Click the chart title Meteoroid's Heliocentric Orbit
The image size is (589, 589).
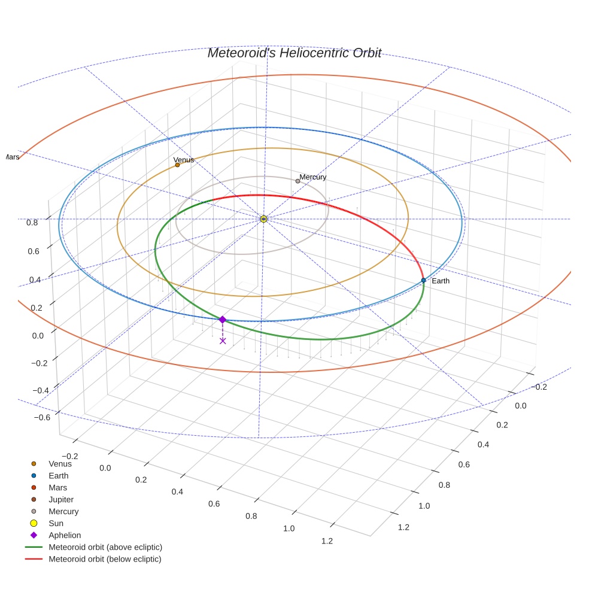point(294,53)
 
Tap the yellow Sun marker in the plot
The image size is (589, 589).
point(263,219)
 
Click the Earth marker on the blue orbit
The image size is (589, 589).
point(423,280)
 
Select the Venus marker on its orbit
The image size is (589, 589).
point(177,165)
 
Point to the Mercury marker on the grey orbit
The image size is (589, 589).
point(297,181)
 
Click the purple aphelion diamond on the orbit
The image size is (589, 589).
point(222,320)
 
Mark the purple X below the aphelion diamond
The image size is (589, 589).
point(223,341)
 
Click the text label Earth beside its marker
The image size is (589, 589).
point(440,281)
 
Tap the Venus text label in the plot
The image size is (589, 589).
point(184,160)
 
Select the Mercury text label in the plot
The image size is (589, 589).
point(313,177)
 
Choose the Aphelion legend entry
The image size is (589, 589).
point(65,535)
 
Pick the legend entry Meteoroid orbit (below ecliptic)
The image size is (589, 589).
point(105,559)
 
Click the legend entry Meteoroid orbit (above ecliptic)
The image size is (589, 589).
point(105,547)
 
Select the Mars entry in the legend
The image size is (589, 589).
point(57,487)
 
